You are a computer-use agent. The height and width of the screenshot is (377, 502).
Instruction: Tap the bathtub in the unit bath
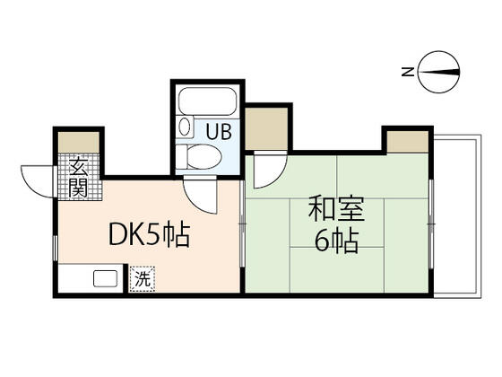point(207,101)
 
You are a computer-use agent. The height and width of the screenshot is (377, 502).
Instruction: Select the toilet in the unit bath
point(199,157)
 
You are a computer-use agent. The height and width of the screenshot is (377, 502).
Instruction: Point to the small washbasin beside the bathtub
point(185,126)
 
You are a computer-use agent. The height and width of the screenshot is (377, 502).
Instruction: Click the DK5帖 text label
point(150,234)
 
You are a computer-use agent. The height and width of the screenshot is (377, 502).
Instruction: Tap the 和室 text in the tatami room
point(336,208)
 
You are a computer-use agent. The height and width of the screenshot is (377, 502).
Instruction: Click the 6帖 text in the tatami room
point(336,241)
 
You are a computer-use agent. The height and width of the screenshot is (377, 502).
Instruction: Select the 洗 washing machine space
point(143,279)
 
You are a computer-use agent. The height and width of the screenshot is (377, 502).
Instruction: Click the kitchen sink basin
point(106,278)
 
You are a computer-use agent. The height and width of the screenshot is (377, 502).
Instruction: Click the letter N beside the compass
point(408,72)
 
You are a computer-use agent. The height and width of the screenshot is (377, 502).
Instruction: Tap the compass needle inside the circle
point(438,72)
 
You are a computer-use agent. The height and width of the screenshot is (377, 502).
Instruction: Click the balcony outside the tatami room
point(457,216)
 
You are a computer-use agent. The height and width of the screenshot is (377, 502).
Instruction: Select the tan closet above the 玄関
point(79,142)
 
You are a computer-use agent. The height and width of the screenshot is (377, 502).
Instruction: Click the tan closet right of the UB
point(266,128)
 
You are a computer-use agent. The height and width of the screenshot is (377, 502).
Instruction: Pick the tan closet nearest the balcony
point(407,142)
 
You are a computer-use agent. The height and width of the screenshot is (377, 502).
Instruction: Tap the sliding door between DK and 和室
point(242,224)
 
